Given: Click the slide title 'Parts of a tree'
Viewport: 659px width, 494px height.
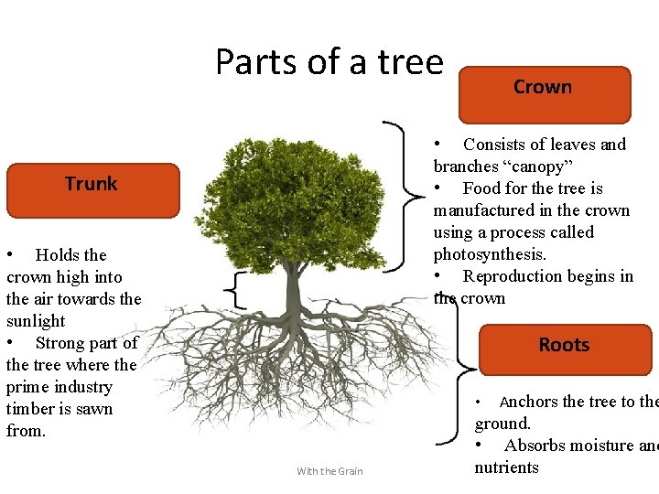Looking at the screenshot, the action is [x=329, y=62].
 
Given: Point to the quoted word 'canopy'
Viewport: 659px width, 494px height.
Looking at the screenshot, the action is [x=541, y=166].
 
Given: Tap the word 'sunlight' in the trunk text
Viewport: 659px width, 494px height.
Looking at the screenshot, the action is [x=36, y=321].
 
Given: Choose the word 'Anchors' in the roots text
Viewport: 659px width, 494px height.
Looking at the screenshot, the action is [x=528, y=402].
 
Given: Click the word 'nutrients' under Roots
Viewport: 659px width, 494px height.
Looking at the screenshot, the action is [x=506, y=467].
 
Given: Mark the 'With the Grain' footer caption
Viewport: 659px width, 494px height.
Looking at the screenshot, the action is [x=329, y=471].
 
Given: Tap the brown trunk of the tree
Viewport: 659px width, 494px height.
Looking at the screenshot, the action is [x=292, y=293].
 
